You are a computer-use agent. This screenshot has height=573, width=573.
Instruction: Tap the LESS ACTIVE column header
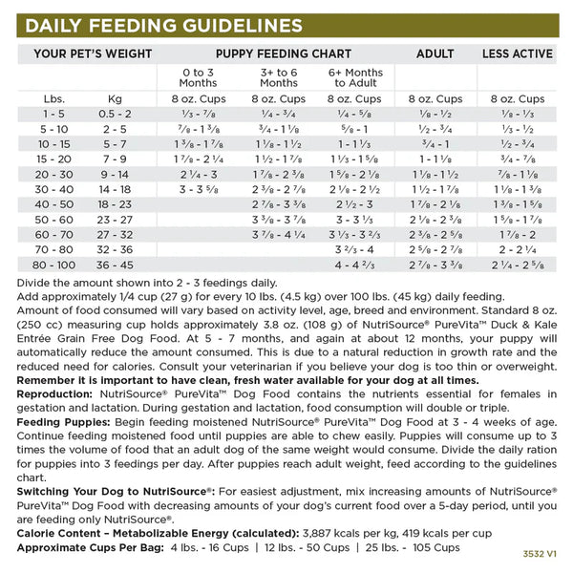pos(519,53)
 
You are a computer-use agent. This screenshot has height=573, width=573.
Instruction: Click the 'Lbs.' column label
pos(53,98)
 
